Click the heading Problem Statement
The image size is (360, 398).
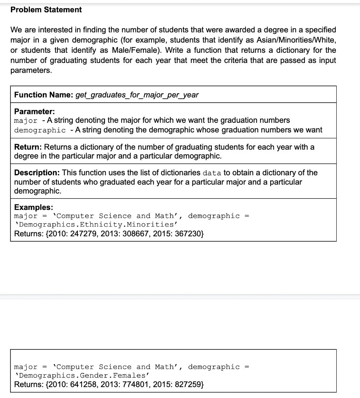pos(46,10)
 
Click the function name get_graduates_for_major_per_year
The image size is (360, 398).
pos(137,95)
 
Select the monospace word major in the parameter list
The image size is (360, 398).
pos(26,120)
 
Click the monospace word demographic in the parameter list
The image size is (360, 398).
pos(40,130)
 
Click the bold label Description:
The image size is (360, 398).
pos(37,173)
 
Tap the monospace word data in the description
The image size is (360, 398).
pos(212,173)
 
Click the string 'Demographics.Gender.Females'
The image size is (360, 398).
pos(82,376)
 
